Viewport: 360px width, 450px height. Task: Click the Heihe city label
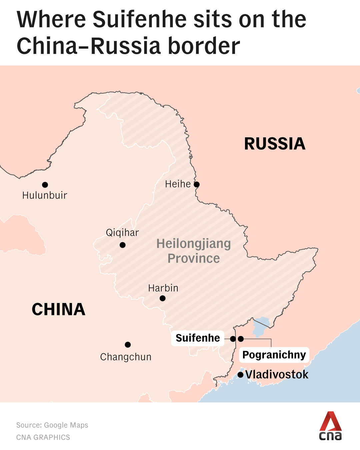click(178, 184)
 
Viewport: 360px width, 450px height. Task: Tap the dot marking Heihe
click(197, 184)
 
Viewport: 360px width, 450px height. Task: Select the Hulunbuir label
click(45, 195)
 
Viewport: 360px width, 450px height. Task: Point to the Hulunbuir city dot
click(45, 185)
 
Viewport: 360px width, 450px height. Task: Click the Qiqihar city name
click(122, 233)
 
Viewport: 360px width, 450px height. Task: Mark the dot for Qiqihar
click(123, 245)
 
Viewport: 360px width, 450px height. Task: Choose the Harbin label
click(163, 288)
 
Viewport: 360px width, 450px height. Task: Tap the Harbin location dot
click(163, 298)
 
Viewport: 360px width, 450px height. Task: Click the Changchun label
click(126, 357)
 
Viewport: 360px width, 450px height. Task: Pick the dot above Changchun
click(128, 345)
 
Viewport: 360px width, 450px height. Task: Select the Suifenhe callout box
click(198, 338)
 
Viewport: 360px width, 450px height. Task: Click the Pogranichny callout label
click(274, 355)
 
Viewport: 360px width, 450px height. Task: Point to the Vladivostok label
click(277, 375)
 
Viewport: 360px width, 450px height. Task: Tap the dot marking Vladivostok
click(240, 375)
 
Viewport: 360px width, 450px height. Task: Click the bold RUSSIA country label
click(275, 144)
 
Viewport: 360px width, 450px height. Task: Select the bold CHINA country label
click(59, 309)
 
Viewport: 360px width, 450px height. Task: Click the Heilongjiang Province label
click(194, 251)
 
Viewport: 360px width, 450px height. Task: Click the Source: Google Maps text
click(52, 425)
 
